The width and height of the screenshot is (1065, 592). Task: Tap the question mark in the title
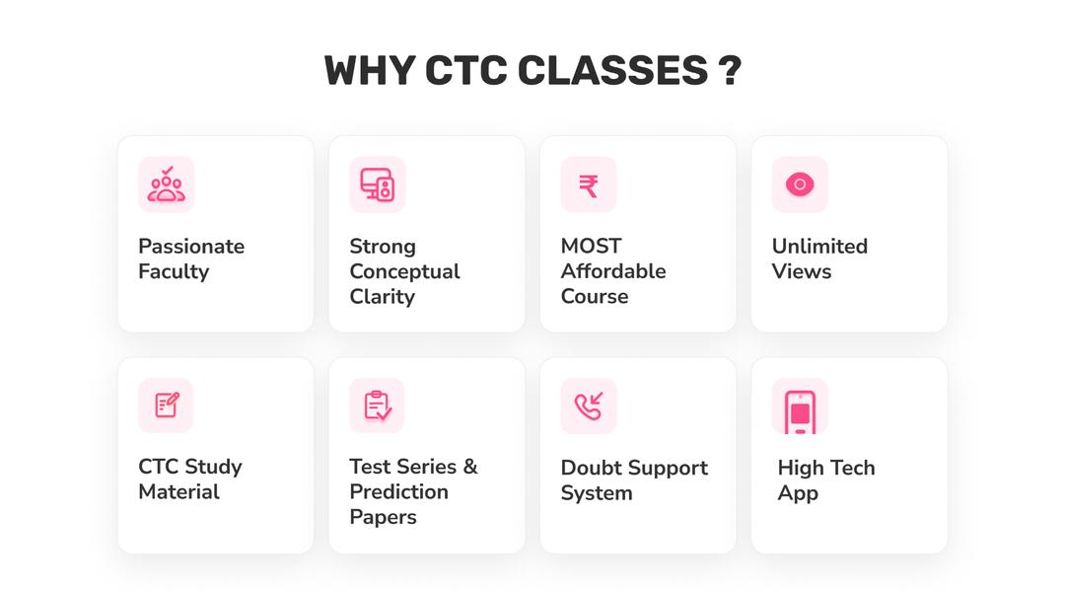click(x=730, y=71)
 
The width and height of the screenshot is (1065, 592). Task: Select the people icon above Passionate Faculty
click(x=166, y=185)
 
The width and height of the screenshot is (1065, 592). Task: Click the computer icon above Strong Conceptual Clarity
click(x=377, y=185)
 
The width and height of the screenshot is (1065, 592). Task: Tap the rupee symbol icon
click(x=589, y=185)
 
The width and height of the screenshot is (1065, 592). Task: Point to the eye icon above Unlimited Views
click(x=799, y=185)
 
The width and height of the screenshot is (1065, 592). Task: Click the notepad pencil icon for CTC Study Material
click(x=166, y=405)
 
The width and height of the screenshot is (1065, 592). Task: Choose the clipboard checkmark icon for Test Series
click(x=377, y=406)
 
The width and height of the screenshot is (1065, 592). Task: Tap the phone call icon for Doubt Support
click(x=589, y=406)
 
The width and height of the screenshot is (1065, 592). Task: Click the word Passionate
click(x=191, y=247)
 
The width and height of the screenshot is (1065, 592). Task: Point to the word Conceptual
click(x=404, y=271)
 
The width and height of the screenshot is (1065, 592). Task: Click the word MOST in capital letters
click(x=591, y=246)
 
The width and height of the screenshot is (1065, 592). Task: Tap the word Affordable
click(x=613, y=271)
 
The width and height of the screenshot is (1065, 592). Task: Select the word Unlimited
click(x=819, y=247)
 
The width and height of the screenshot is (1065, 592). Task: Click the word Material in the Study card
click(x=178, y=491)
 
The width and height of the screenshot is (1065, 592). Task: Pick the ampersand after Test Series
click(x=469, y=467)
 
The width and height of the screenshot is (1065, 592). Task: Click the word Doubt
click(x=593, y=468)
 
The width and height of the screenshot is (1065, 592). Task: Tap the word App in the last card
click(x=798, y=493)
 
